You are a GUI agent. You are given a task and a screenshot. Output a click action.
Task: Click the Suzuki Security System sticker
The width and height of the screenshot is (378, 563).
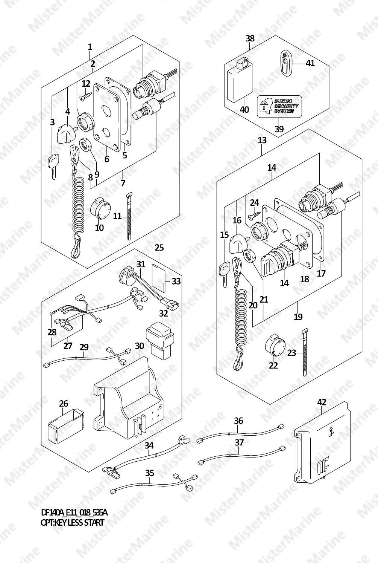[x=279, y=106]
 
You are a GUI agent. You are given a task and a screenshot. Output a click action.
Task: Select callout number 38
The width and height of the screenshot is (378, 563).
[x=250, y=38]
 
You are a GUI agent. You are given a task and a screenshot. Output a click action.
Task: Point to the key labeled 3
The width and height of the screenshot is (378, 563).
[x=52, y=166]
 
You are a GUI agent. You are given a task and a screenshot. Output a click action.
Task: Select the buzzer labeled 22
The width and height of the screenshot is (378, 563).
[x=275, y=345]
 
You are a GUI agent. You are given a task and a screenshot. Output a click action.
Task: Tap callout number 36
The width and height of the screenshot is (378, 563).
[x=238, y=421]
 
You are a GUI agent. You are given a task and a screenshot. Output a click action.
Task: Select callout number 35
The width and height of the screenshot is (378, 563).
[x=150, y=473]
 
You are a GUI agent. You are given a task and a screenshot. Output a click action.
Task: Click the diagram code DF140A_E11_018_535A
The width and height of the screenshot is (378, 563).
[x=74, y=513]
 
